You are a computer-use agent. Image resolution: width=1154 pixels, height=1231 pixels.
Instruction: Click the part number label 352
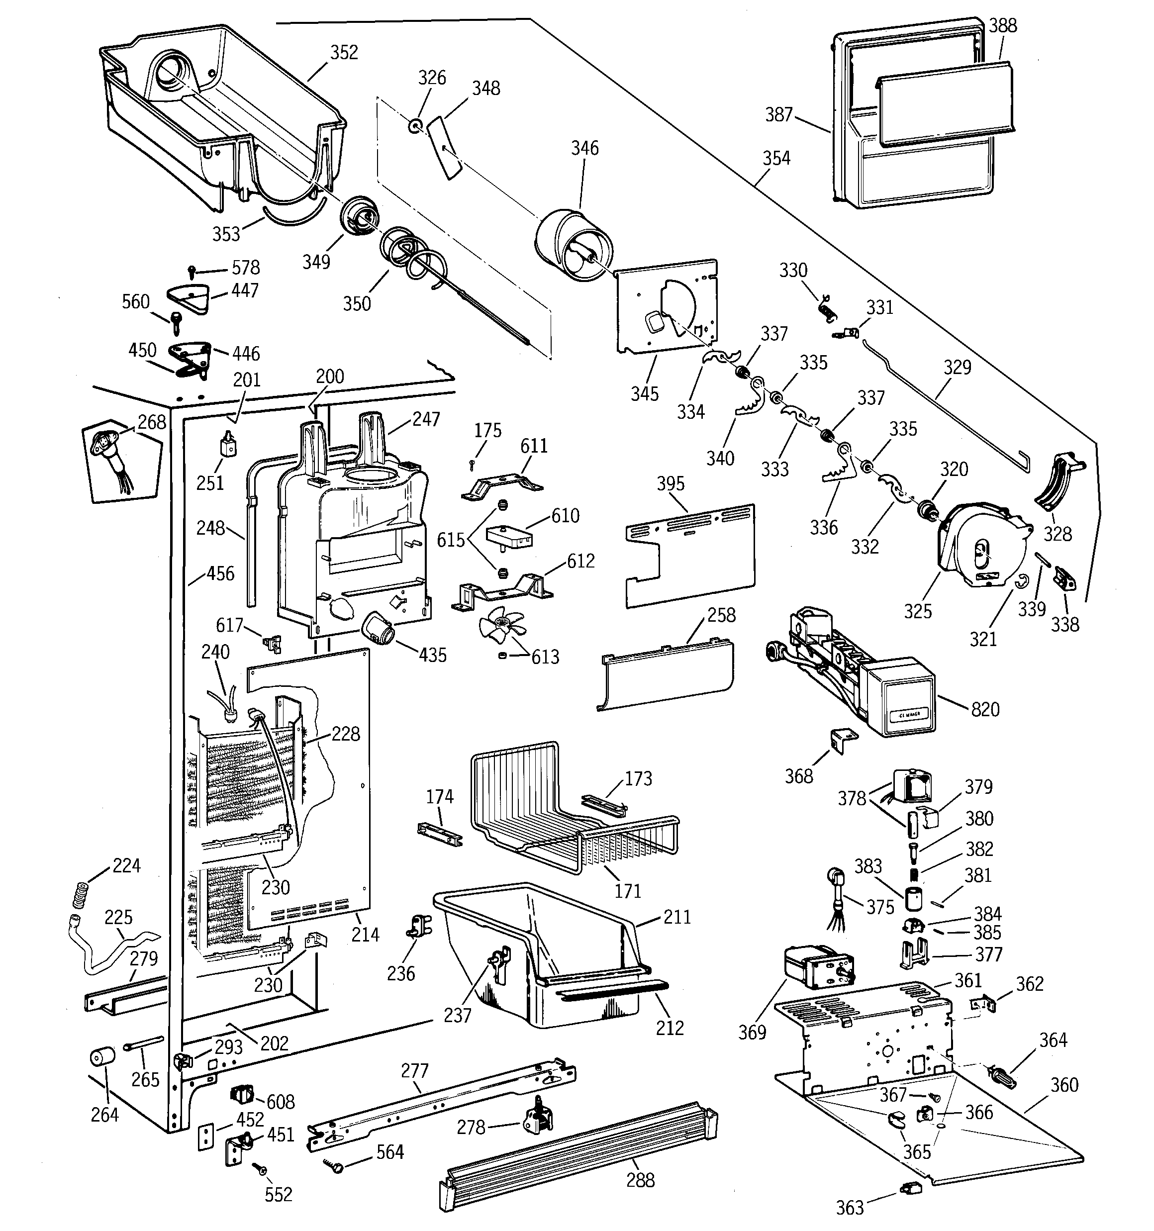tap(344, 53)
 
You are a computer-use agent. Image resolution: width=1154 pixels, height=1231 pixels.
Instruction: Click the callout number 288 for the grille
tap(640, 1180)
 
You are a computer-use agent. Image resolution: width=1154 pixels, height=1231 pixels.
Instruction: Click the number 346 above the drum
tap(585, 148)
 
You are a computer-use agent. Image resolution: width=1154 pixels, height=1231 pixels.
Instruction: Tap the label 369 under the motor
tap(752, 1032)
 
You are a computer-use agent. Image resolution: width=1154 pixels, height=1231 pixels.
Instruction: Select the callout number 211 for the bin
tap(676, 917)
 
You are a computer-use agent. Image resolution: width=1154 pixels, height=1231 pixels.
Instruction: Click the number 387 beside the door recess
tap(778, 114)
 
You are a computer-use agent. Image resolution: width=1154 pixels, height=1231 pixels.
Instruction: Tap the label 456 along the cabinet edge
tap(220, 573)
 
